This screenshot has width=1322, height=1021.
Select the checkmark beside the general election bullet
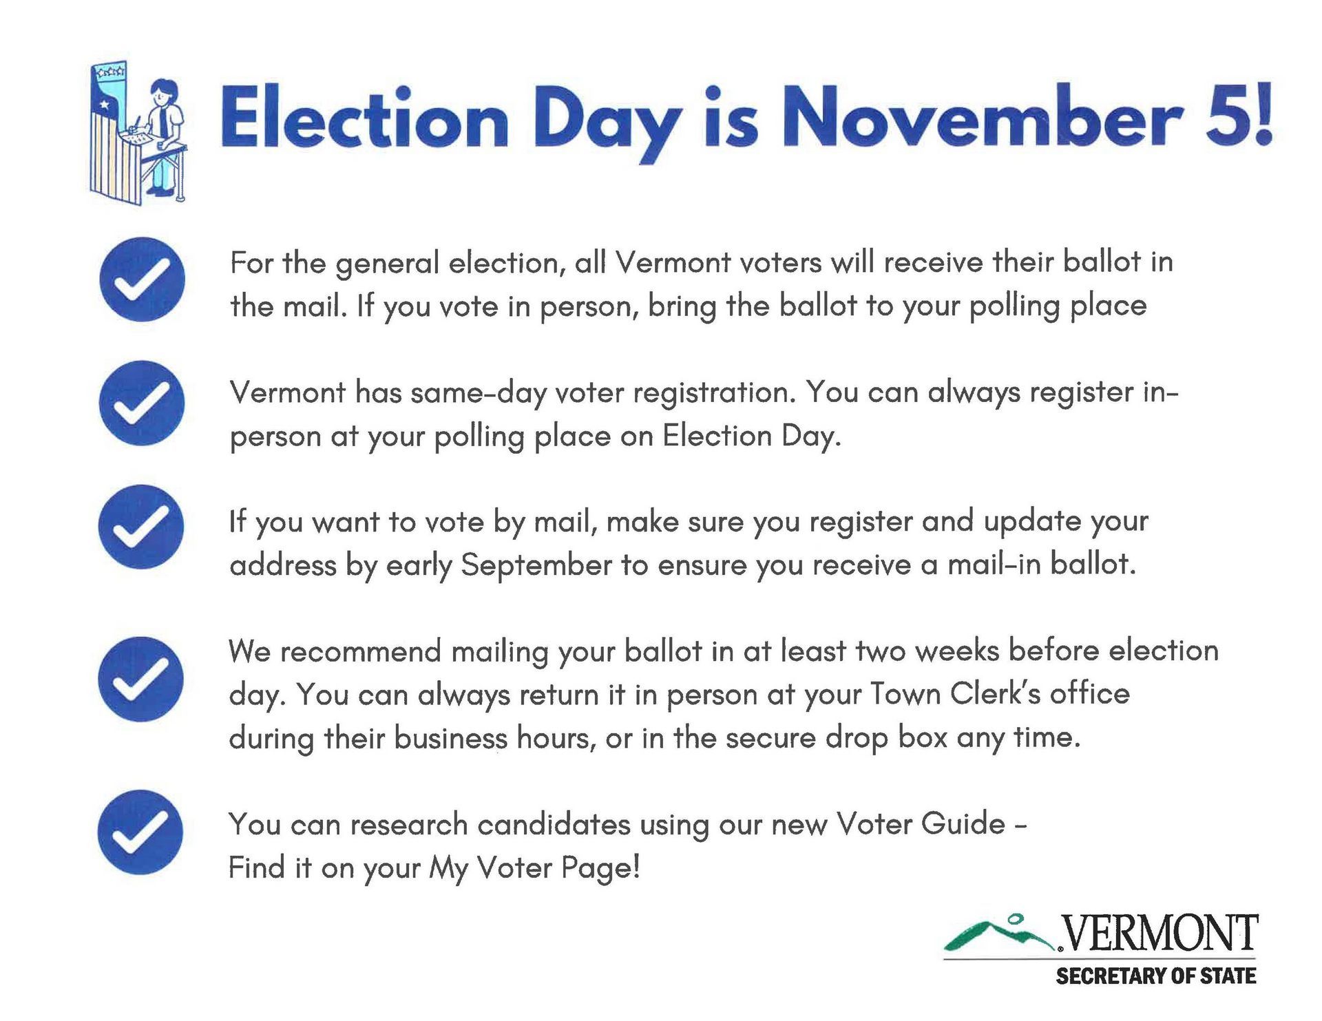[142, 280]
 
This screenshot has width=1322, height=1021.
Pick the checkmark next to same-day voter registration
[142, 403]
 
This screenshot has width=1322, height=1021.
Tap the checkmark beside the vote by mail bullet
[141, 527]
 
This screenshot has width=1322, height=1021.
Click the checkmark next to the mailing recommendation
[141, 679]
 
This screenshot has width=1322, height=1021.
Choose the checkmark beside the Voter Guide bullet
[141, 832]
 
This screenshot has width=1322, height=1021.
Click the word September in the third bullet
[536, 567]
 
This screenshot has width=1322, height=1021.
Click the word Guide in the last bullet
[963, 824]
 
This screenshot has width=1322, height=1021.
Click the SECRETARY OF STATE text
[1156, 976]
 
